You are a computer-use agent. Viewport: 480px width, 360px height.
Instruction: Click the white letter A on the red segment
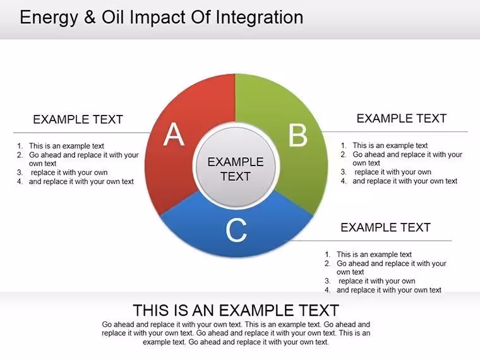174,134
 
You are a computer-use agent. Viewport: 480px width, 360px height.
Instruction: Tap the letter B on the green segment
298,135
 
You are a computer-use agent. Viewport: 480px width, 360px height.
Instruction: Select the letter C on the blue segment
236,230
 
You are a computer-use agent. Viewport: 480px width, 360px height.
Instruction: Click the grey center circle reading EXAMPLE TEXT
236,166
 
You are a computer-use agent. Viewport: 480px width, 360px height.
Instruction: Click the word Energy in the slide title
49,18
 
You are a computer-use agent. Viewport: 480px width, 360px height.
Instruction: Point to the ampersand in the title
90,17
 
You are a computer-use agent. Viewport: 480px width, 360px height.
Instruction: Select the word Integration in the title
260,18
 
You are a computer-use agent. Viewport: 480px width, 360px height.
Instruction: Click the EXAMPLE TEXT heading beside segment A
78,119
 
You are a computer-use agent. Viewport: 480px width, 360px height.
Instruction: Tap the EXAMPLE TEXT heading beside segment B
401,119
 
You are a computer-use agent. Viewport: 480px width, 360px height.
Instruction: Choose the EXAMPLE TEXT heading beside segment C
385,227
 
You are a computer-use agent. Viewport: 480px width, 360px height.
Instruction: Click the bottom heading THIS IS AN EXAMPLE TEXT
236,310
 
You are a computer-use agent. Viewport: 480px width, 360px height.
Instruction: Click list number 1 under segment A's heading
20,146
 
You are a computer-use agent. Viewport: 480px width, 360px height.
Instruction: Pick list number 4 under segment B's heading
344,181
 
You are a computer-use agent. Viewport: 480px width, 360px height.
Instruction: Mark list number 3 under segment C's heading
328,281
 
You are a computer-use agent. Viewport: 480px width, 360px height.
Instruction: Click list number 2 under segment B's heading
344,155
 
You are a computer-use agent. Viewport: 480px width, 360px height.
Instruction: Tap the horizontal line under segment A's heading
82,133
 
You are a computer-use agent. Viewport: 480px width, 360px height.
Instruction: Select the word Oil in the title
112,17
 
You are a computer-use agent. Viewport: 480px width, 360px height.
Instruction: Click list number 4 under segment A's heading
20,181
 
